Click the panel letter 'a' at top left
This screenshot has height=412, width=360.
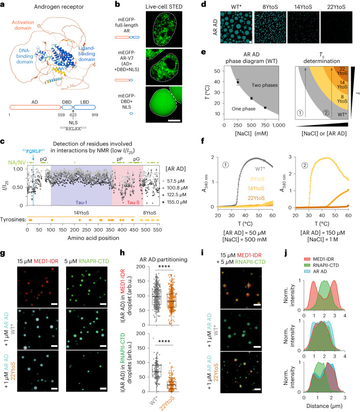(x=4, y=5)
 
